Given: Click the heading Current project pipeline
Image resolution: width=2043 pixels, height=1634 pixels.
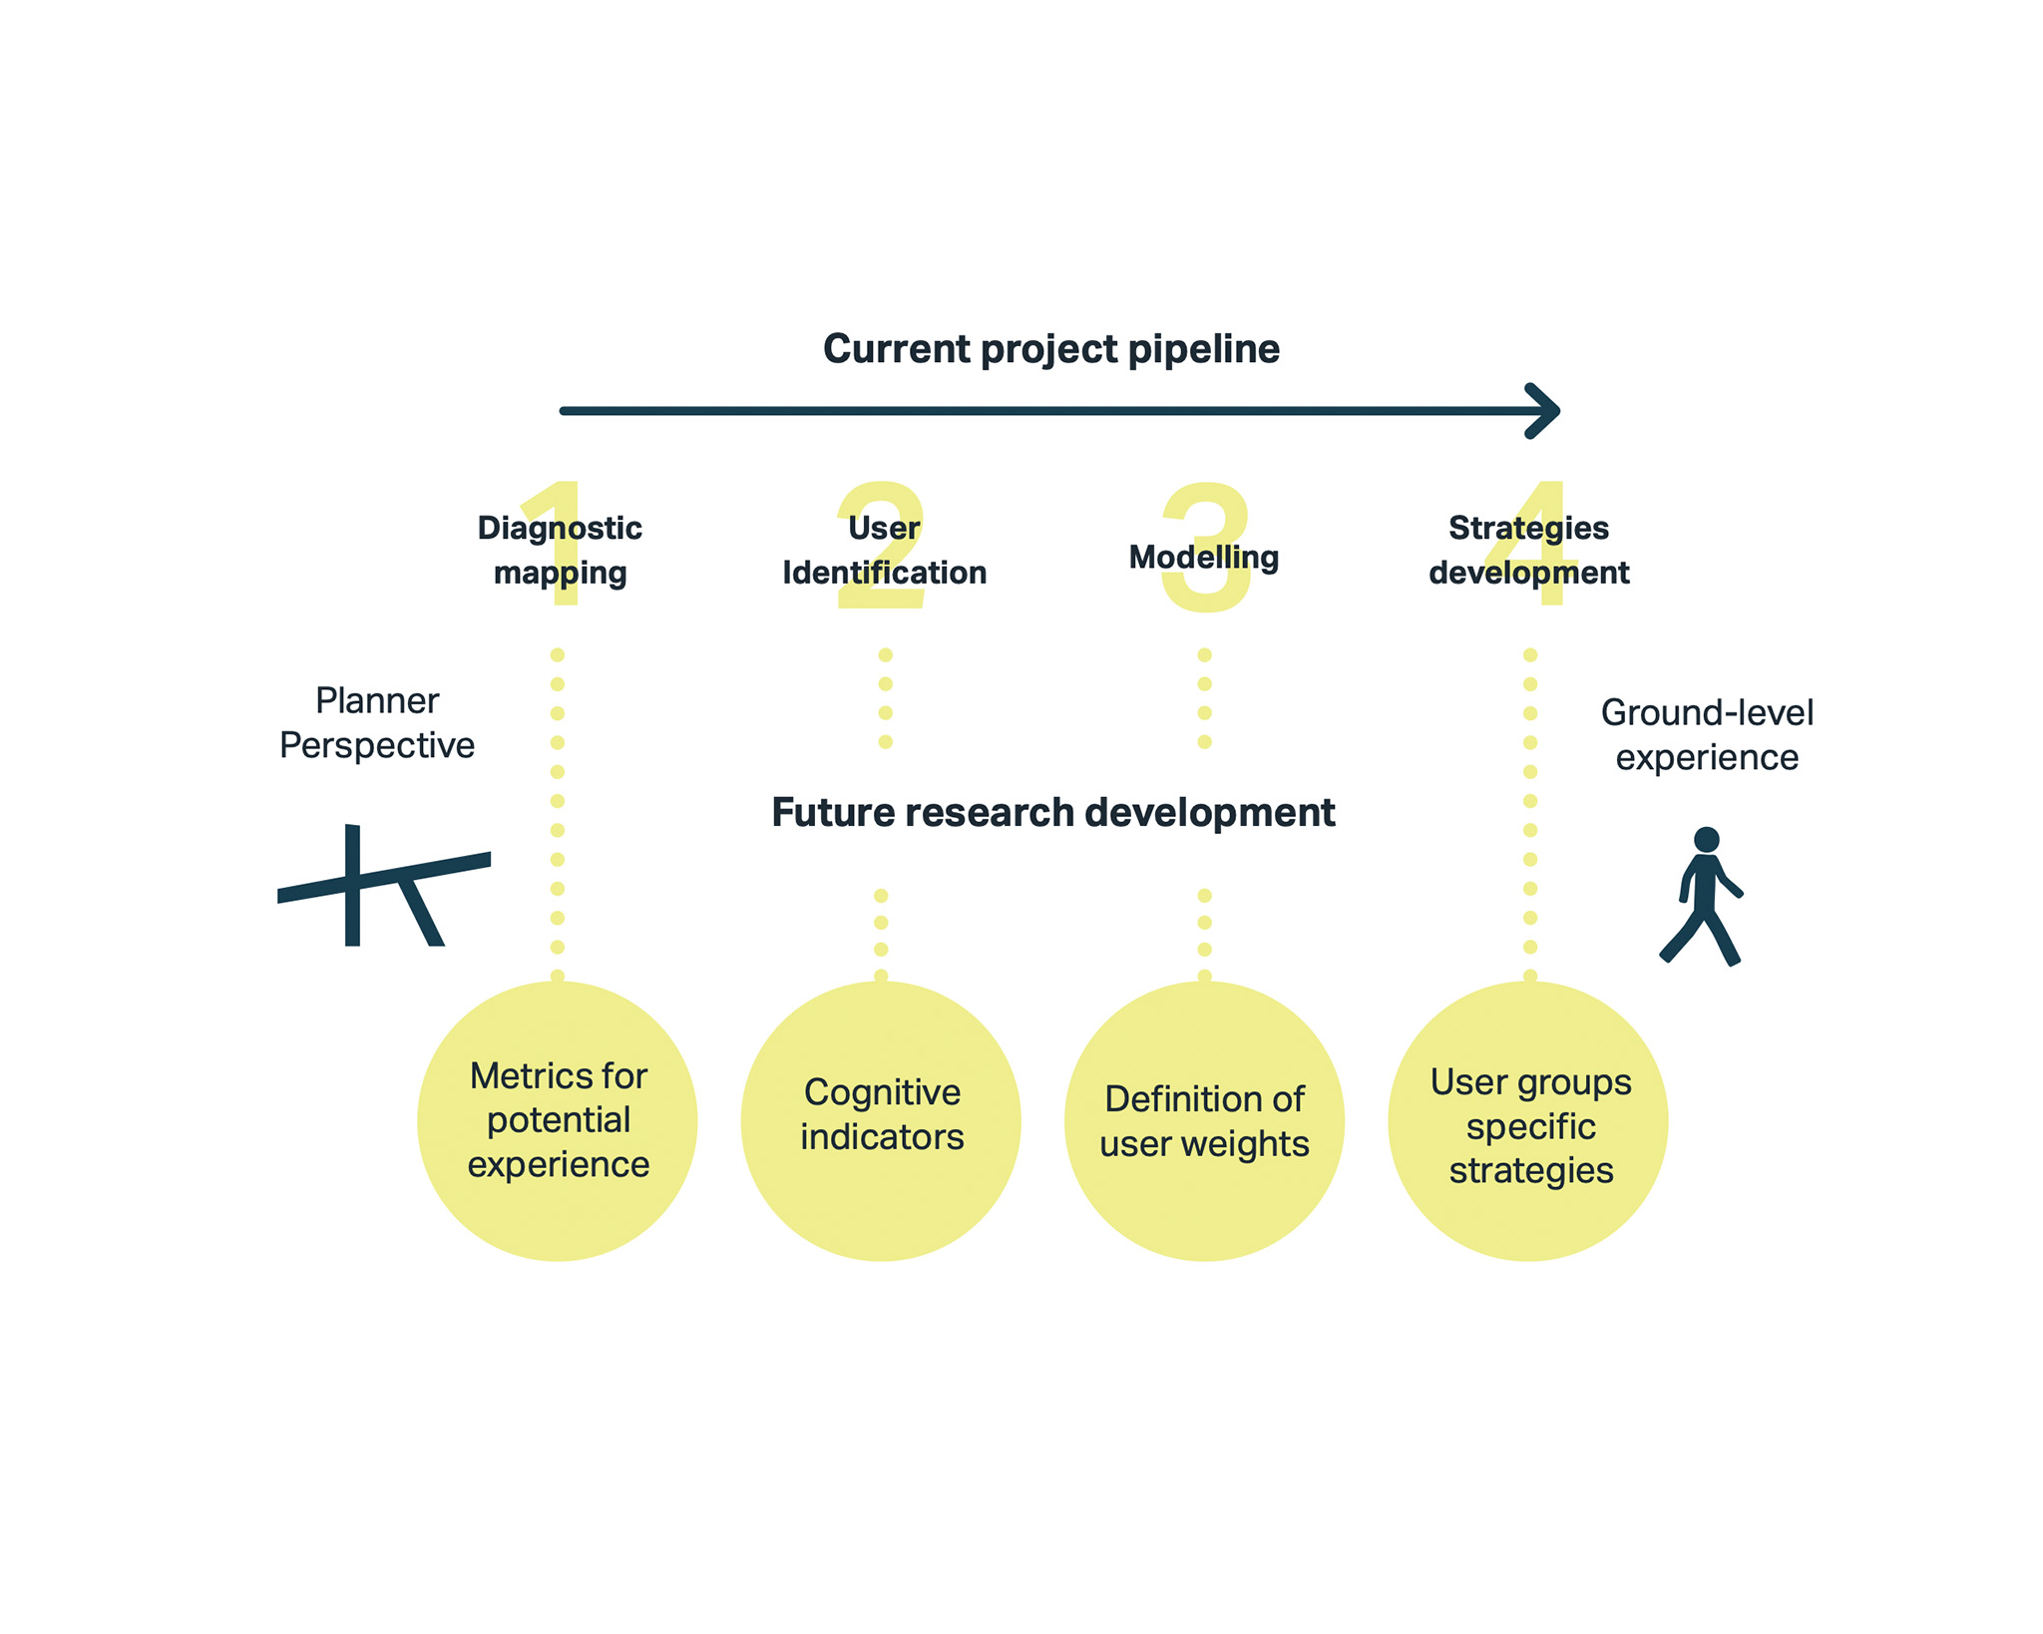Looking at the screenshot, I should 1050,349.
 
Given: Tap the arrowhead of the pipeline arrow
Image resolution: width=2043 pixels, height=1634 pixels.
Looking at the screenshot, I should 1545,410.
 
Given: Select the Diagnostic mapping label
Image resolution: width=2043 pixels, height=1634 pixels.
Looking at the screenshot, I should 560,550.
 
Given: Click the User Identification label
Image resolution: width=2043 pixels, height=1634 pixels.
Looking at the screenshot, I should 884,550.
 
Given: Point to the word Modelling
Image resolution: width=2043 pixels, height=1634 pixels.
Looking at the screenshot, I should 1203,557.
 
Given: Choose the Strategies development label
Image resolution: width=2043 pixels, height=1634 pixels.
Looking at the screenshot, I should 1528,550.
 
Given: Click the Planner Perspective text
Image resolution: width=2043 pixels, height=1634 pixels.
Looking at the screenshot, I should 377,722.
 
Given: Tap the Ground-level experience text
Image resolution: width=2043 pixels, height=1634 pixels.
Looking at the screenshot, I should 1707,734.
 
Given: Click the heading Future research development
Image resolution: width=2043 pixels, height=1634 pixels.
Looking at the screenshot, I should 1052,812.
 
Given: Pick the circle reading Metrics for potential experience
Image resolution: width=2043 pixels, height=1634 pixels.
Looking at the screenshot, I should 558,1120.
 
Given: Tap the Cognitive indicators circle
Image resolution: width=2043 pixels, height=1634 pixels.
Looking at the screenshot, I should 881,1120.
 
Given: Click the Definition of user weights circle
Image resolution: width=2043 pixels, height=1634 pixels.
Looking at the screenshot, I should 1204,1120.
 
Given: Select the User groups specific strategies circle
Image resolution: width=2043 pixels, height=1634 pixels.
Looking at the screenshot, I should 1528,1120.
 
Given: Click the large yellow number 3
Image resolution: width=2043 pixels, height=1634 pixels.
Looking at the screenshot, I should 1206,589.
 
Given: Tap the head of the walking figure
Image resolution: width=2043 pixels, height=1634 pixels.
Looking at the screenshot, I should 1707,839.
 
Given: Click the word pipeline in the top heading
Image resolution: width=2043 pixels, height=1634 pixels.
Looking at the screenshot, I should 1203,349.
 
